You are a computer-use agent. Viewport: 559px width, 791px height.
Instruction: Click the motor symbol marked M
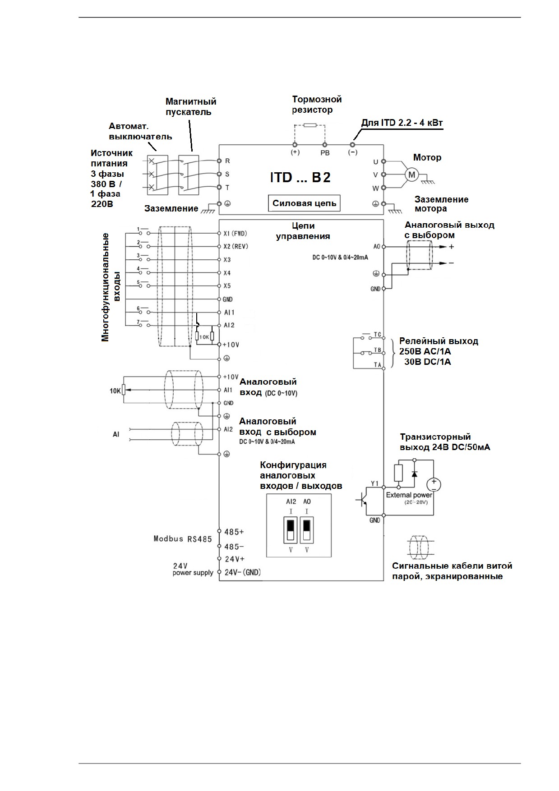tap(411, 175)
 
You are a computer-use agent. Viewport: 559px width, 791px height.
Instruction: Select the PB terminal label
tap(325, 153)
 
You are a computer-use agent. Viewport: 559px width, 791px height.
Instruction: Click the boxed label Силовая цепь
tap(305, 203)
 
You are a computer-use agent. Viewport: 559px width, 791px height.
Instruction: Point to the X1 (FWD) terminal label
tap(236, 234)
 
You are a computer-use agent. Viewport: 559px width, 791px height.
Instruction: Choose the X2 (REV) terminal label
tap(236, 247)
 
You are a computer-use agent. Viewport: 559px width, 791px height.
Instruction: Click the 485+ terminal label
tap(234, 532)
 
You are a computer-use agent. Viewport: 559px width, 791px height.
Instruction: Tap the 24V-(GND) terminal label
tap(243, 572)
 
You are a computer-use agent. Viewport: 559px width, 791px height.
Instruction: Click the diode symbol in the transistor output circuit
tap(414, 473)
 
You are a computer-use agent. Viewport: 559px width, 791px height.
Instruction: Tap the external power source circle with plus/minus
tap(434, 484)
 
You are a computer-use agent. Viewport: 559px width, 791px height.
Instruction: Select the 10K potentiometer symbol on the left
tap(123, 390)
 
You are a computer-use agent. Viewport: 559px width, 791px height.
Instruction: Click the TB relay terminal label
tap(378, 350)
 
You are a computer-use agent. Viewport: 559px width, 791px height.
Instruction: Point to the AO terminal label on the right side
tap(377, 247)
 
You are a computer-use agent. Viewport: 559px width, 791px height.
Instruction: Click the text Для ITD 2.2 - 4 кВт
tap(402, 123)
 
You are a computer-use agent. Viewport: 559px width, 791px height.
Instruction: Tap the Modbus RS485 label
tap(183, 539)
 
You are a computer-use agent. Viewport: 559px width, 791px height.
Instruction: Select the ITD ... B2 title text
tap(300, 177)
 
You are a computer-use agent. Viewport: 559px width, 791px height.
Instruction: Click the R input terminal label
tap(227, 161)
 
